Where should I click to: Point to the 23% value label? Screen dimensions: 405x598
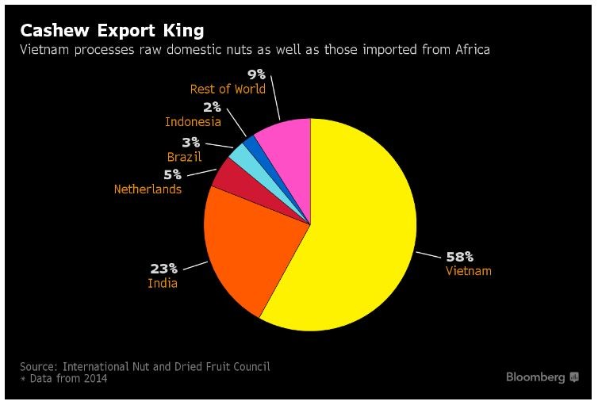(x=164, y=269)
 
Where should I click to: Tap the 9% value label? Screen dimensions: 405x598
(x=256, y=75)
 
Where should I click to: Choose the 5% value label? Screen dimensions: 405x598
(x=172, y=174)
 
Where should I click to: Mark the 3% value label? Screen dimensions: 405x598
(x=192, y=143)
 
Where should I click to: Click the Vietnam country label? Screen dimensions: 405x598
(x=468, y=271)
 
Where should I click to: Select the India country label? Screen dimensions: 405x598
(x=163, y=283)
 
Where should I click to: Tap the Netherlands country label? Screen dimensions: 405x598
(x=148, y=189)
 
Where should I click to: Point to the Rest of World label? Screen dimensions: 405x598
(x=228, y=89)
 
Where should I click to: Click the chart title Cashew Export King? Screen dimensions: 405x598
(x=112, y=30)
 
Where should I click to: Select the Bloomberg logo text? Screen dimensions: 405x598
(x=535, y=377)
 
